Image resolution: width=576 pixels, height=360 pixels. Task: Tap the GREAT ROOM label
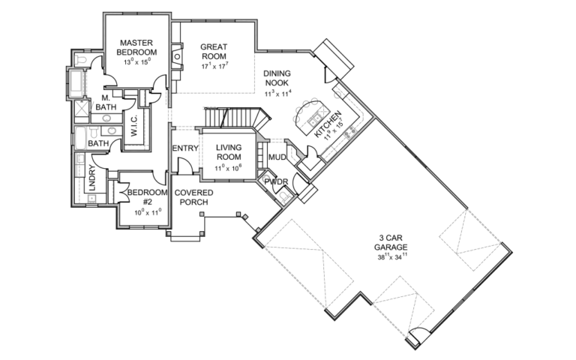[213, 52]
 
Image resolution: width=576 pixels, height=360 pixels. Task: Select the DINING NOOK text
[277, 79]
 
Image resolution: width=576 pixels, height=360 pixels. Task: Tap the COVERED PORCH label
[191, 197]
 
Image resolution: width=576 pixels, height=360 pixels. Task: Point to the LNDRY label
[93, 182]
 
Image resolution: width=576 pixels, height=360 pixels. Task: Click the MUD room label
[277, 157]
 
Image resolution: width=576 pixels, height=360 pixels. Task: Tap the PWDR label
[276, 181]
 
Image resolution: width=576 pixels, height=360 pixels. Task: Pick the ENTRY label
[184, 148]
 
